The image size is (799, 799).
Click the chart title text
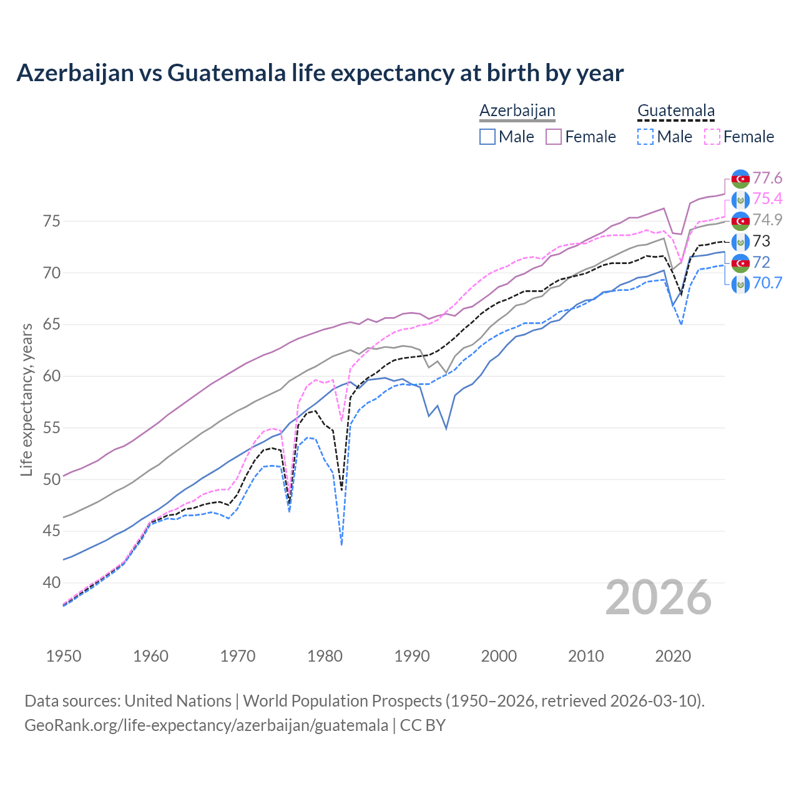pos(320,73)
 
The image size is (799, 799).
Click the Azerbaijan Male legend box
pos(488,137)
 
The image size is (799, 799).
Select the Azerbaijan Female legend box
pos(554,137)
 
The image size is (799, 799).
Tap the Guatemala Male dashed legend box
pos(645,137)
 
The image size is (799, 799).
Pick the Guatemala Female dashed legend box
pos(712,137)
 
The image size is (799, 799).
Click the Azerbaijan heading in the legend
pos(517,111)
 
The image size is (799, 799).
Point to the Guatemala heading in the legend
pos(675,111)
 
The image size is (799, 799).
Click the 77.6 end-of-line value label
pos(767,179)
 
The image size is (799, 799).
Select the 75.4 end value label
pos(767,199)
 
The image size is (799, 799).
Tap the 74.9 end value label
pos(767,220)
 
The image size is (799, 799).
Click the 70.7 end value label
pos(767,283)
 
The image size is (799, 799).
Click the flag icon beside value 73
pos(740,242)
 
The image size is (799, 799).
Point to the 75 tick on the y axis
pos(51,221)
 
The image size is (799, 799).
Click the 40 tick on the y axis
pos(51,583)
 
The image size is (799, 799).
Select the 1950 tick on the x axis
pos(64,656)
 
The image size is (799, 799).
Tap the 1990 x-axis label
pos(412,656)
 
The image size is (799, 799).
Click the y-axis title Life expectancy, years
pos(26,399)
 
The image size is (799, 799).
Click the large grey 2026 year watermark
pos(658,598)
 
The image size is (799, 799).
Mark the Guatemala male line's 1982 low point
pos(341,544)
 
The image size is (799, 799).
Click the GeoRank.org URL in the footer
pos(206,725)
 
